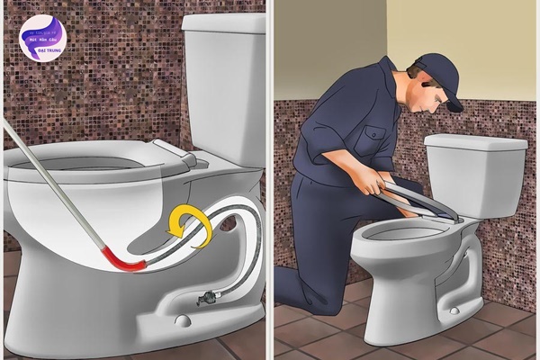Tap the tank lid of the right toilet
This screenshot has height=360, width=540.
(475, 142)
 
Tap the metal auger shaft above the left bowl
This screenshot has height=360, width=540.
(54, 180)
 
